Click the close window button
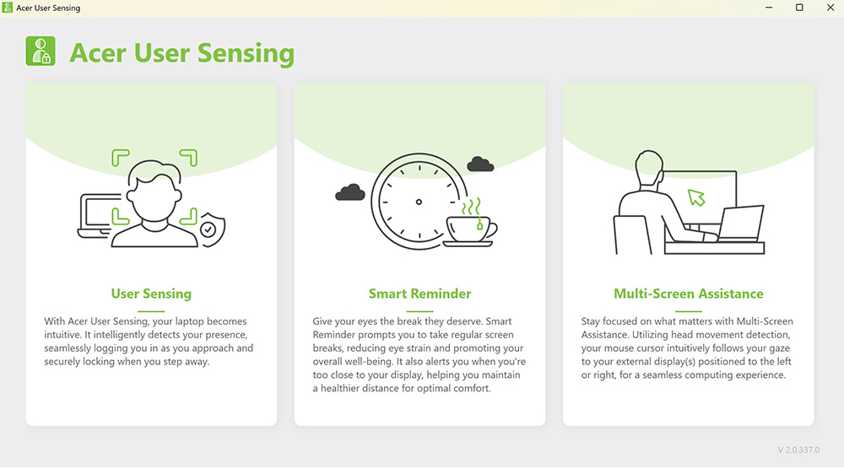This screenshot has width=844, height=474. point(830,8)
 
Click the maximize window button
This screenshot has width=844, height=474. point(799,8)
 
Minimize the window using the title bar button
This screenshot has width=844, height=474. point(769,8)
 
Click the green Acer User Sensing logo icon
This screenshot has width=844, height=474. point(41,51)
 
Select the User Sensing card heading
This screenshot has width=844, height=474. point(151,294)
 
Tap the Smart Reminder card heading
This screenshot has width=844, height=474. point(419,294)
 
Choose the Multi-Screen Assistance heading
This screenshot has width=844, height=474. point(689,294)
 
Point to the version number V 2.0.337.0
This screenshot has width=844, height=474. point(798,450)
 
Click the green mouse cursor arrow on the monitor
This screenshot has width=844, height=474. point(696,197)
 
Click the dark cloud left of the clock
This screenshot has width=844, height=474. point(350,192)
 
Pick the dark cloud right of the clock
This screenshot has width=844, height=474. point(480,164)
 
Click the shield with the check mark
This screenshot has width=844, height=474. point(212,229)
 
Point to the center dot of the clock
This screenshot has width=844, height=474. point(419,202)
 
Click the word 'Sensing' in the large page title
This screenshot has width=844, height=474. point(246,53)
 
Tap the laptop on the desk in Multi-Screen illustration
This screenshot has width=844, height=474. point(741,224)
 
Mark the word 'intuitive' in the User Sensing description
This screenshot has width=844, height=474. point(62,335)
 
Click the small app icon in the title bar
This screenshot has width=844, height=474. point(7,8)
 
